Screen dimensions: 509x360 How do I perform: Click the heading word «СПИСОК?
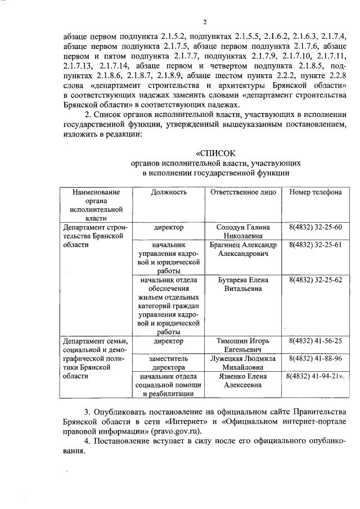pos(216,153)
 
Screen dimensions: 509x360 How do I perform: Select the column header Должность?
pos(168,192)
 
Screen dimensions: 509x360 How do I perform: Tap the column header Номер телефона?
pos(315,192)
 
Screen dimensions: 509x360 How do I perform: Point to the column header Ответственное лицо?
pos(243,192)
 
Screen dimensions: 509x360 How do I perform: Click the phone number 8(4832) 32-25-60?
pos(315,227)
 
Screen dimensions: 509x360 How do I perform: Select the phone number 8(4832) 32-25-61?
pos(315,246)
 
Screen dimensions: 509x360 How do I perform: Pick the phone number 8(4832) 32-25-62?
pos(315,280)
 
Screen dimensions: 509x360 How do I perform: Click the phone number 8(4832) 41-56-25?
pos(315,341)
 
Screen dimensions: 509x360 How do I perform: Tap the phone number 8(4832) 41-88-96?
pos(315,358)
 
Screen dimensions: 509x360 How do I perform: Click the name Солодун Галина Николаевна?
pos(243,232)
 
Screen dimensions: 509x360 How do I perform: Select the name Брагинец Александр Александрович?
pos(243,250)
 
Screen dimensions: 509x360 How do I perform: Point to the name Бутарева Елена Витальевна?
pos(243,284)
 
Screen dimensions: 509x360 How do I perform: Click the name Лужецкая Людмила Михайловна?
pos(243,363)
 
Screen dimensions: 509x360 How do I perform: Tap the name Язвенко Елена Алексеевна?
pos(243,381)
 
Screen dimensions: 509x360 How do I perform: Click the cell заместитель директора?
pos(168,363)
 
